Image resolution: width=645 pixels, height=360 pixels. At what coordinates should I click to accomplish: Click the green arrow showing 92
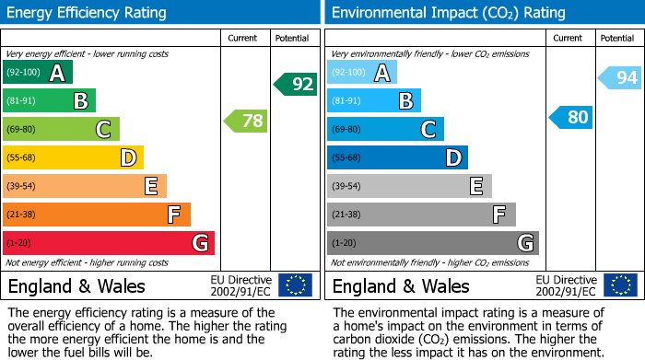click(296, 85)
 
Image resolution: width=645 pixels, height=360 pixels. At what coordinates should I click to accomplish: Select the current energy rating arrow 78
click(246, 121)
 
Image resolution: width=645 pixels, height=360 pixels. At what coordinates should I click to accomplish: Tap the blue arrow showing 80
click(571, 118)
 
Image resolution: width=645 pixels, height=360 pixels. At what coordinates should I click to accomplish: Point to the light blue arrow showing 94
click(620, 78)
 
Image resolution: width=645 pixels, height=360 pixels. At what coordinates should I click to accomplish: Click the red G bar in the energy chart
click(108, 243)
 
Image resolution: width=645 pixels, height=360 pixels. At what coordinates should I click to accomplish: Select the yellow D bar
click(73, 157)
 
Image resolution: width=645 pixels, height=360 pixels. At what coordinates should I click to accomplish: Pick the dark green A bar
click(37, 73)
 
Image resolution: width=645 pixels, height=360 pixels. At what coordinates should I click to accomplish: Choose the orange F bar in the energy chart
click(97, 215)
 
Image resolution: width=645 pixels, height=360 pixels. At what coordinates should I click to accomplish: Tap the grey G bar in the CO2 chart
click(432, 243)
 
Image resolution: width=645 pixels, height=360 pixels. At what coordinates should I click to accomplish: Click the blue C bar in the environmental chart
click(385, 129)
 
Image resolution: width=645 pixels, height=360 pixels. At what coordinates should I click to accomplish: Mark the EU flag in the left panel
click(295, 285)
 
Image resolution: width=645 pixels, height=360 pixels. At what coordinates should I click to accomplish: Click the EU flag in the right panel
click(620, 285)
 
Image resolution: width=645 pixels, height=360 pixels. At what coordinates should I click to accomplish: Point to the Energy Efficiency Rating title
click(88, 13)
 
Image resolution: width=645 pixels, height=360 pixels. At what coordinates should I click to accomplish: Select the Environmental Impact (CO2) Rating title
click(448, 13)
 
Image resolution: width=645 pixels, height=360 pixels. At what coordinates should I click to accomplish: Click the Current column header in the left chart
click(244, 38)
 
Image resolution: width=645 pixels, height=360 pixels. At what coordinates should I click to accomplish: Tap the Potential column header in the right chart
click(616, 38)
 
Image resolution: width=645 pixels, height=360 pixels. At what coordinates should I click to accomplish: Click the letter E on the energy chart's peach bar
click(150, 186)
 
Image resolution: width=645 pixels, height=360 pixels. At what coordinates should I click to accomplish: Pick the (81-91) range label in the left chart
click(23, 101)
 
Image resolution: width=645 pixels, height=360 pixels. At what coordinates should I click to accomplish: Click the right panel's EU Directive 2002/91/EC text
click(565, 285)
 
